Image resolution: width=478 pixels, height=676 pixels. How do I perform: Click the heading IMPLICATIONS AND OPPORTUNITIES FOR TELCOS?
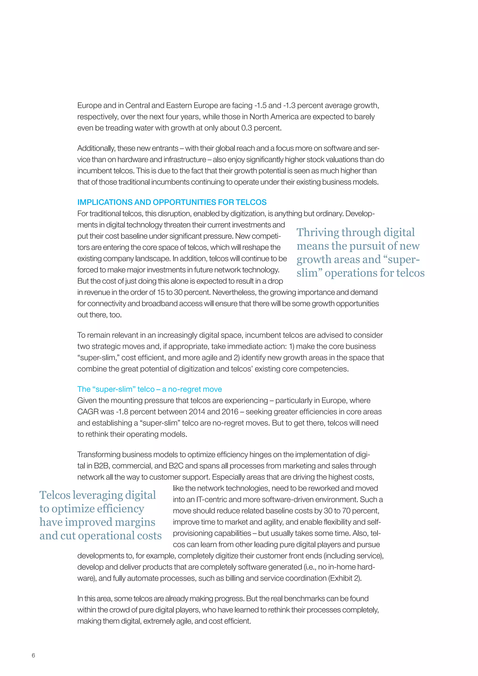172,202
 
